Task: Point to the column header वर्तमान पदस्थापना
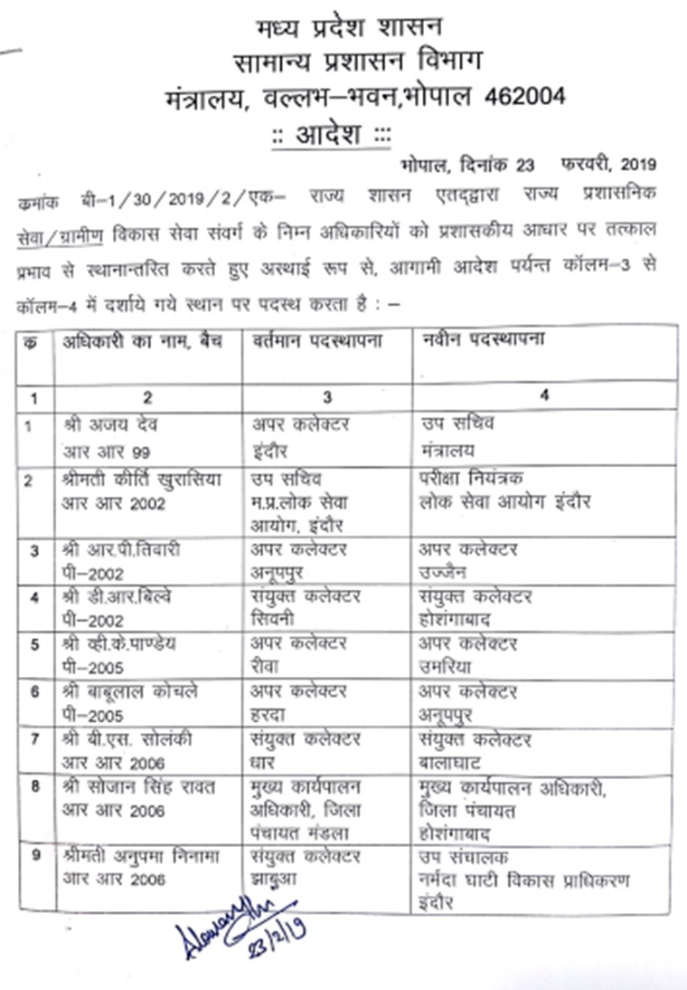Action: click(317, 343)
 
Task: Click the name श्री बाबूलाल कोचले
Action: click(131, 692)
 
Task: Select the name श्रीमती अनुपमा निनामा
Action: click(141, 856)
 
